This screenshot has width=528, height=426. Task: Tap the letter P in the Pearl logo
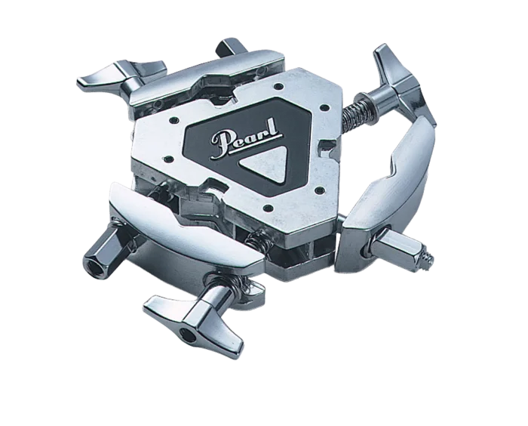point(223,144)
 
